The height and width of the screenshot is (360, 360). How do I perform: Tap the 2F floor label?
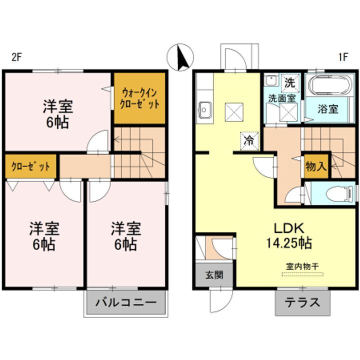click(x=16, y=57)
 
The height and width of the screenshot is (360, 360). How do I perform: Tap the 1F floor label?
click(x=342, y=57)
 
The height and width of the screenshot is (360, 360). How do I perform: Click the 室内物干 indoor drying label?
click(x=302, y=266)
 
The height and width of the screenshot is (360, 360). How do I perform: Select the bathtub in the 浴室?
click(x=330, y=85)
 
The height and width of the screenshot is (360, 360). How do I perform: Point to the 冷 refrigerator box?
click(x=248, y=140)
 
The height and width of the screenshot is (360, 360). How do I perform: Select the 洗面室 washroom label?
click(x=283, y=98)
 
